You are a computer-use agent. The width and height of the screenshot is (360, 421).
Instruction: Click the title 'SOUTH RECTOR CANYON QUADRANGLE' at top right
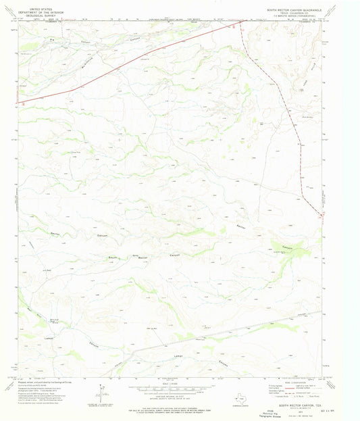pos(298,10)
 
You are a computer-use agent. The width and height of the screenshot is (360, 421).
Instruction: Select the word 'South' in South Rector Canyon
pos(113,257)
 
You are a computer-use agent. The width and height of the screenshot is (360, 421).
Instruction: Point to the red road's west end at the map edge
pos(18,103)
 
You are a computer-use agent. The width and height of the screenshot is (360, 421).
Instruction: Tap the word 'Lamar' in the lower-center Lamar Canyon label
pos(178,355)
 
